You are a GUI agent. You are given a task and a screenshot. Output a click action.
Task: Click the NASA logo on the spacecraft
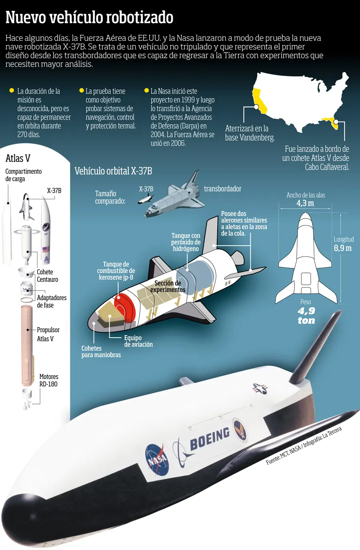click(x=157, y=459)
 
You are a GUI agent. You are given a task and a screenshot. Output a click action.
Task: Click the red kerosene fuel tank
click(x=124, y=307)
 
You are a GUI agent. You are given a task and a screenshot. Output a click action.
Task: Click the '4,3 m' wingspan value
click(x=305, y=203)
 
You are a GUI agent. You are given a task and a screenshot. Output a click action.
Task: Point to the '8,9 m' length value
click(x=342, y=248)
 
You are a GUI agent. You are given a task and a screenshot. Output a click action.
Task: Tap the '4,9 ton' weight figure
click(x=306, y=316)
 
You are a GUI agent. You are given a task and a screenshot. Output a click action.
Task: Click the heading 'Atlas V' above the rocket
click(x=18, y=158)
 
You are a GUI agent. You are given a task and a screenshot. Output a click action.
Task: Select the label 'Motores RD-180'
click(x=49, y=380)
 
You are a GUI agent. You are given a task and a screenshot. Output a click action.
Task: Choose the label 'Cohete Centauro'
click(x=47, y=276)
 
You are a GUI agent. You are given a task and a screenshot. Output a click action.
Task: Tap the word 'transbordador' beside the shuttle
click(x=222, y=188)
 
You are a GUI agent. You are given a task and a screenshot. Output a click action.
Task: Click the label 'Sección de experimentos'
click(x=168, y=286)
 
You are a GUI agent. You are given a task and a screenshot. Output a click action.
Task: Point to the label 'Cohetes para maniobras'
click(x=101, y=351)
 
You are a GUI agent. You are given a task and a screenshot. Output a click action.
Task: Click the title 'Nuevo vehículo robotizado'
click(x=89, y=17)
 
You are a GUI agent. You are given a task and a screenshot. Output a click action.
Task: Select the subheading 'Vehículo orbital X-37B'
click(x=114, y=171)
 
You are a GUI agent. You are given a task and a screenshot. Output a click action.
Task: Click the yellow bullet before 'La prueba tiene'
click(x=82, y=90)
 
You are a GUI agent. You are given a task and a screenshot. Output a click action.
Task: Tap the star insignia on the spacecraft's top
click(x=260, y=388)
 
